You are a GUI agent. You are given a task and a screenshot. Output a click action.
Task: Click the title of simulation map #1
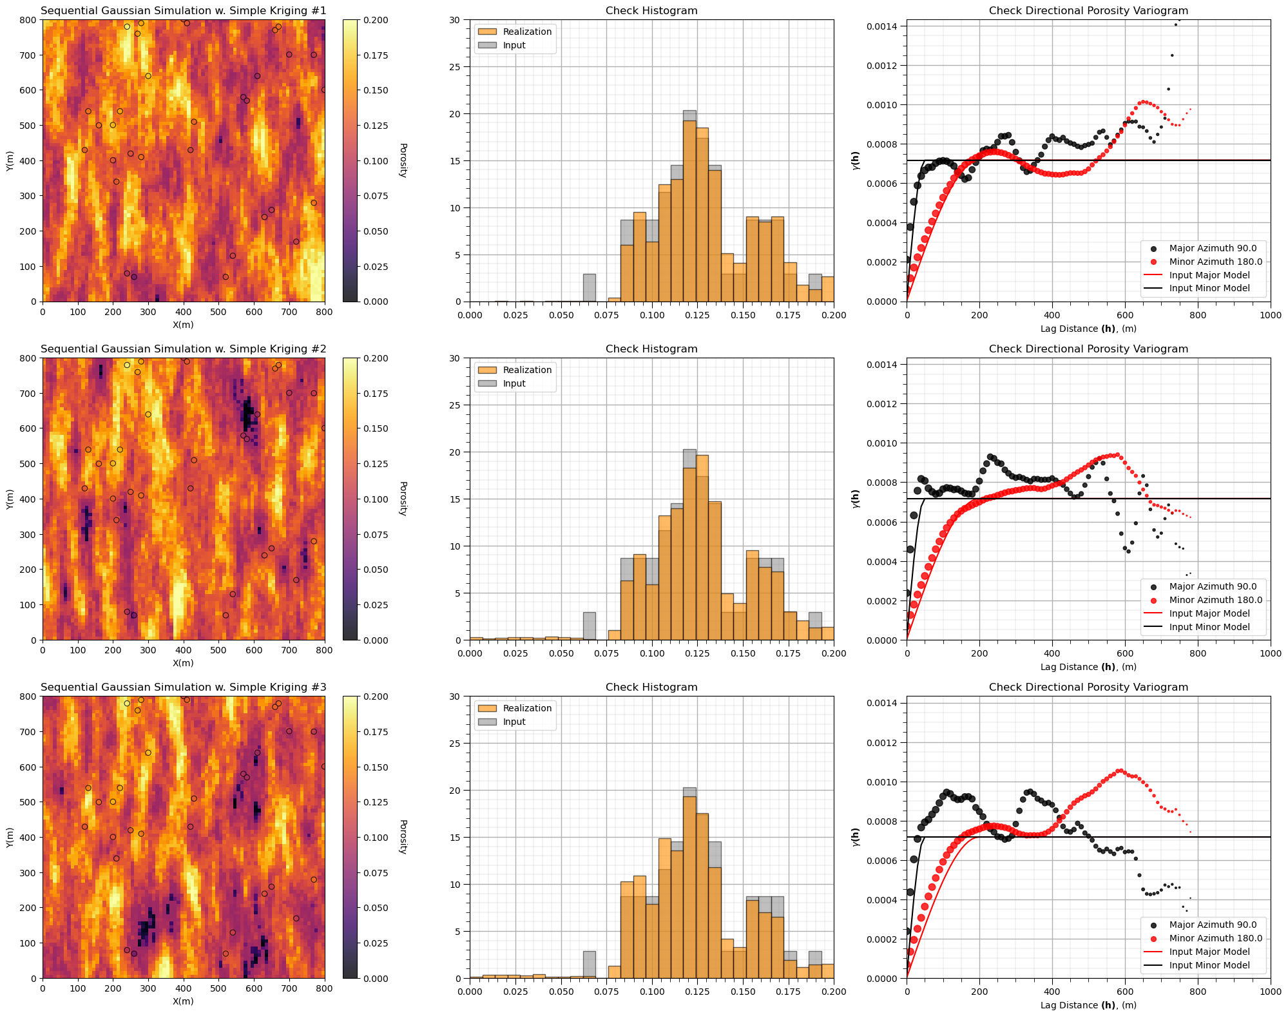(183, 10)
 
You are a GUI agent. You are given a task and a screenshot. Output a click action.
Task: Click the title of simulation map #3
(183, 687)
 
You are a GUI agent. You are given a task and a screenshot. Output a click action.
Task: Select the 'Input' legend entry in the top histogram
(514, 45)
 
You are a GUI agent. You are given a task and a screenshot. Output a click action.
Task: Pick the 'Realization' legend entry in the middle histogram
(527, 370)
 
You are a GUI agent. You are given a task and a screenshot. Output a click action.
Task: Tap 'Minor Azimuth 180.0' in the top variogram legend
(1215, 262)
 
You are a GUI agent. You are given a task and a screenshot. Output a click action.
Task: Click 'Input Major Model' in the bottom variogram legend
(1209, 952)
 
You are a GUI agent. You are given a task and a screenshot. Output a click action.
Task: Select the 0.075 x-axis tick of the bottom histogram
(607, 991)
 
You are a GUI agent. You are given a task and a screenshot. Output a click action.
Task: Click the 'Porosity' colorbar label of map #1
(403, 160)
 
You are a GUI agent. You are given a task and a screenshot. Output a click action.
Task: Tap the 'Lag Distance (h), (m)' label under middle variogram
(1088, 667)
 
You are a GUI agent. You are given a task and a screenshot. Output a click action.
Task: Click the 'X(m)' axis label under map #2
(183, 663)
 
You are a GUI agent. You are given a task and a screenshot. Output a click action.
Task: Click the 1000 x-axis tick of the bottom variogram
(1270, 991)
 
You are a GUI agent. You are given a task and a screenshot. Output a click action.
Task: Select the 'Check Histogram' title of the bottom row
(651, 687)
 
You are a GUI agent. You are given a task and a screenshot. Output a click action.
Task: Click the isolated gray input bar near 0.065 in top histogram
(589, 288)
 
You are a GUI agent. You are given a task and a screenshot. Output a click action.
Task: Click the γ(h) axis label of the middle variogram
(856, 499)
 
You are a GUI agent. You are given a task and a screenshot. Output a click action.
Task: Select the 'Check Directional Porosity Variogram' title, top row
(1088, 10)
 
